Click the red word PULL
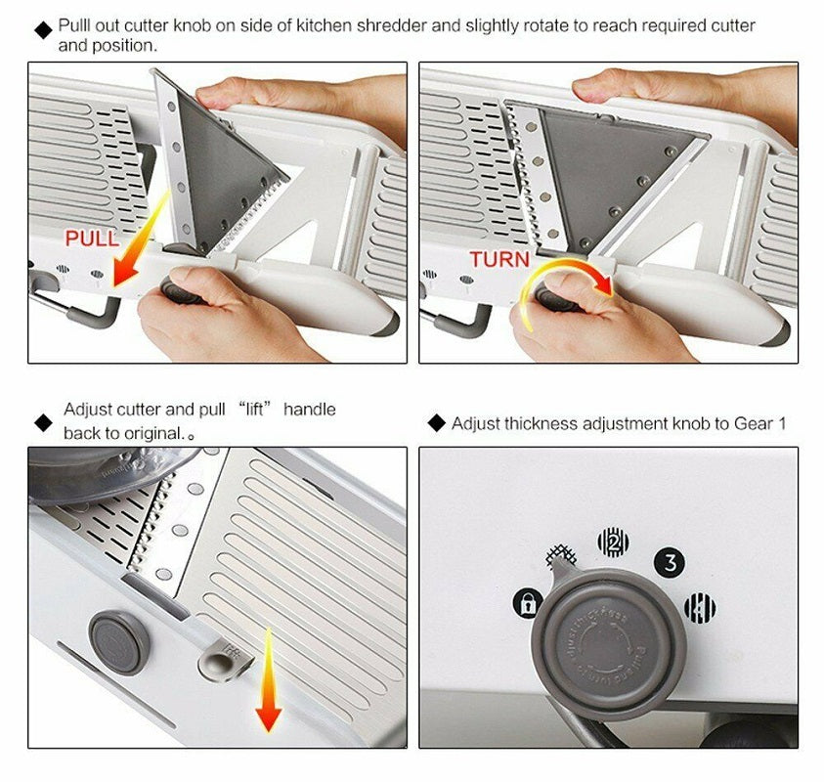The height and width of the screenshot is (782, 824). pos(92,238)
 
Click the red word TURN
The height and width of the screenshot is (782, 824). pos(499,260)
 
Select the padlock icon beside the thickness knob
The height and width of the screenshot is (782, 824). pos(526,604)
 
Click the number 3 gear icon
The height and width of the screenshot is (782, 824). pos(669,561)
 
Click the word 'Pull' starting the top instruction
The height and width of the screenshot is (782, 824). pos(75,25)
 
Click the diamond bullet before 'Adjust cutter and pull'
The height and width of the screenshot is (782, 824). pos(42,422)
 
